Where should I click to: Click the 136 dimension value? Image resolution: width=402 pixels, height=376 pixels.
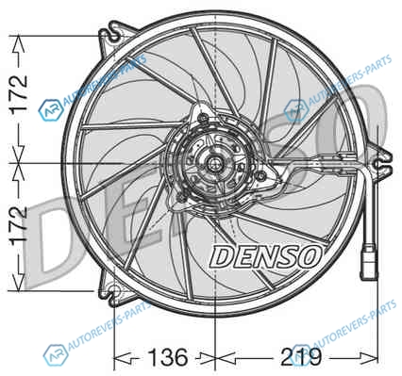168,356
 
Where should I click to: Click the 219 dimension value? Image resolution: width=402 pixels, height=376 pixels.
301,356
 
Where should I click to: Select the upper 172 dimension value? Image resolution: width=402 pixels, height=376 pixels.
19,94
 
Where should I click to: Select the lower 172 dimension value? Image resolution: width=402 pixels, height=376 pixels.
19,226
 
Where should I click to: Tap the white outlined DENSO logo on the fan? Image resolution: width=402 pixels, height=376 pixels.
266,256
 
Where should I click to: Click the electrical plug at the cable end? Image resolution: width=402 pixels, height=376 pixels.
369,263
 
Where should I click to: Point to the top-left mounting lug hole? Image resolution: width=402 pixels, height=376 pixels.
114,36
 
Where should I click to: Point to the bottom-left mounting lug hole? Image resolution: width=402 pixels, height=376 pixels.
114,291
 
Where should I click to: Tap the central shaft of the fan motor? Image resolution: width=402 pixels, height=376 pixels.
214,164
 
